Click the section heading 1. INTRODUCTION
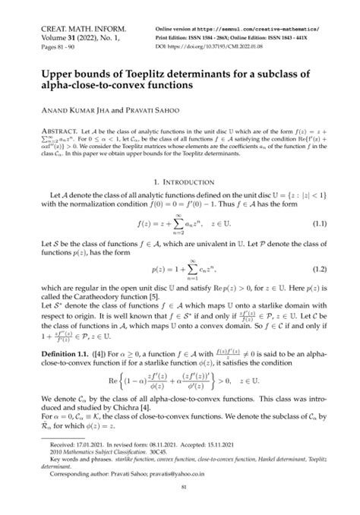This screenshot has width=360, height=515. pos(179,183)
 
